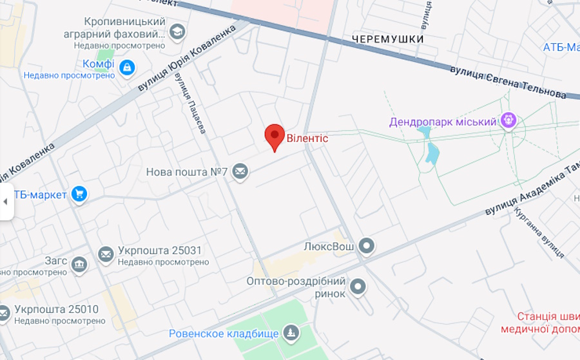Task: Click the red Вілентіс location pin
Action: [275, 136]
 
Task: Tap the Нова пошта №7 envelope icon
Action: [240, 172]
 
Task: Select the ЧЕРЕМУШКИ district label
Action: [388, 39]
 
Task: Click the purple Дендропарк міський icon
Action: [509, 120]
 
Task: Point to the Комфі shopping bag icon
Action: [128, 66]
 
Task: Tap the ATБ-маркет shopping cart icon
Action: [79, 194]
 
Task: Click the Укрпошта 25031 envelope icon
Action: [106, 254]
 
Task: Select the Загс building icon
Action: [79, 265]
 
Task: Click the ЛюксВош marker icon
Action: [367, 245]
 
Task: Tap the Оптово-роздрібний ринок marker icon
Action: [359, 287]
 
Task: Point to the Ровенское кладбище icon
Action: [291, 333]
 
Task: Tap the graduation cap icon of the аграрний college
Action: [177, 32]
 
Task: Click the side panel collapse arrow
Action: [6, 201]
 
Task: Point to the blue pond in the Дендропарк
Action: [430, 149]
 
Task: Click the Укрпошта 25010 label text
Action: [56, 309]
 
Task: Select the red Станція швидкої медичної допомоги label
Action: [548, 323]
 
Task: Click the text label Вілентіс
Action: [307, 138]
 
